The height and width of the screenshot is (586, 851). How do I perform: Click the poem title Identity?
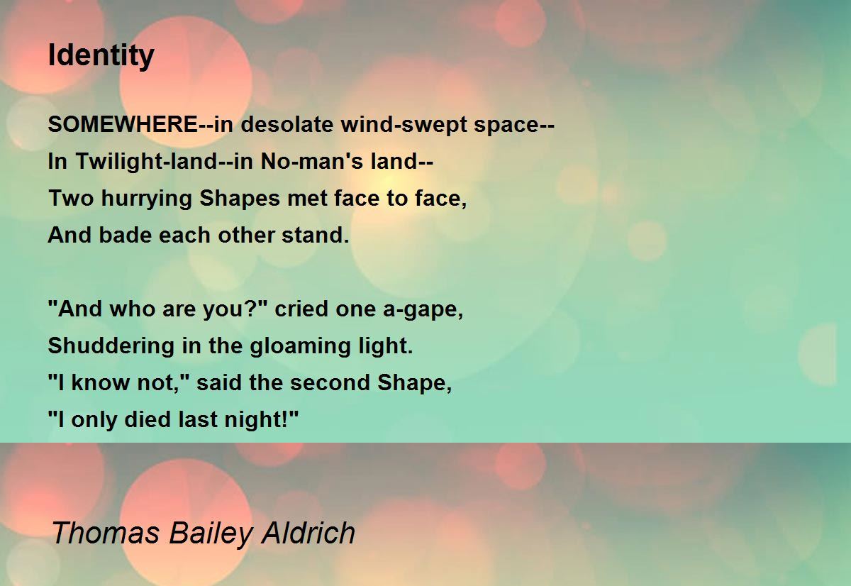click(x=101, y=56)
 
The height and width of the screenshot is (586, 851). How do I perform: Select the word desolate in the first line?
click(x=287, y=124)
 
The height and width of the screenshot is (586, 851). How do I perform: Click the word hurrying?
click(x=147, y=199)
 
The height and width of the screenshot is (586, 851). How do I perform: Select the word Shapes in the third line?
click(x=240, y=199)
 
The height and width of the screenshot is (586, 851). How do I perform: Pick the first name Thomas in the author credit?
click(x=105, y=533)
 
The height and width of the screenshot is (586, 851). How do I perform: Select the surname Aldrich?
click(x=308, y=533)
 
